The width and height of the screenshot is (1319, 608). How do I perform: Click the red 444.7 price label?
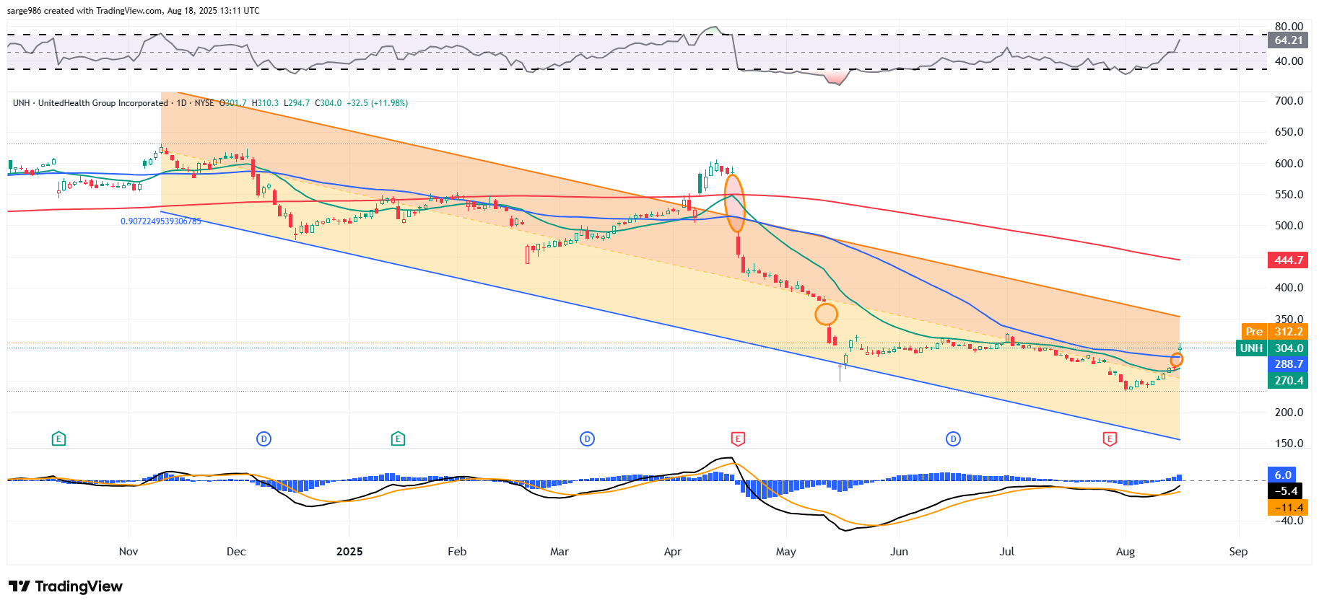click(1288, 260)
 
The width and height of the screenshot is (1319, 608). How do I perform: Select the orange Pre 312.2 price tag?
click(1274, 332)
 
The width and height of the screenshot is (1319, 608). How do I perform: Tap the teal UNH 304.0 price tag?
click(1272, 348)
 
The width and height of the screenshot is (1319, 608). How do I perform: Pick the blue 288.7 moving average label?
click(1288, 364)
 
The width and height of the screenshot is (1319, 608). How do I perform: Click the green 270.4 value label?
click(1288, 381)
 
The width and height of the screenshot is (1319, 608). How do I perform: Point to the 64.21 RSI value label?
click(1288, 40)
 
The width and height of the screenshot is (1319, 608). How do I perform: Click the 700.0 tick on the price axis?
click(1289, 101)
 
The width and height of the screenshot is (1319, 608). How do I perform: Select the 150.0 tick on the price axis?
click(1289, 444)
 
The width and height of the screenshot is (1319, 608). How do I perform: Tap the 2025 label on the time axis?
click(349, 552)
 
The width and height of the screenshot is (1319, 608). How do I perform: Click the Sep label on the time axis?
click(1238, 552)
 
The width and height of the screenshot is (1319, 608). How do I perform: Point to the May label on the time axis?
click(785, 552)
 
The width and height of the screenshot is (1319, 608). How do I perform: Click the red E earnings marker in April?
click(738, 439)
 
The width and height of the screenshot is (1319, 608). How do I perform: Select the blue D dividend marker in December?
click(264, 439)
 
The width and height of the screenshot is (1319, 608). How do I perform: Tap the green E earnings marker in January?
click(398, 439)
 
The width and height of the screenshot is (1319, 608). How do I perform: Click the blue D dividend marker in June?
click(954, 439)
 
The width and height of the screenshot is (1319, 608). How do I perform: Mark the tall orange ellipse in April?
click(735, 203)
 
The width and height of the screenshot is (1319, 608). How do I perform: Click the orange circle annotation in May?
click(827, 314)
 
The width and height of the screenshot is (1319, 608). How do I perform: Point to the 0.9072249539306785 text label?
click(161, 221)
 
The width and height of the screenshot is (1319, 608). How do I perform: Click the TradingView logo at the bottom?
click(66, 586)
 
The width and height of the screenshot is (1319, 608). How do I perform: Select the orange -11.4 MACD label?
click(1288, 508)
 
